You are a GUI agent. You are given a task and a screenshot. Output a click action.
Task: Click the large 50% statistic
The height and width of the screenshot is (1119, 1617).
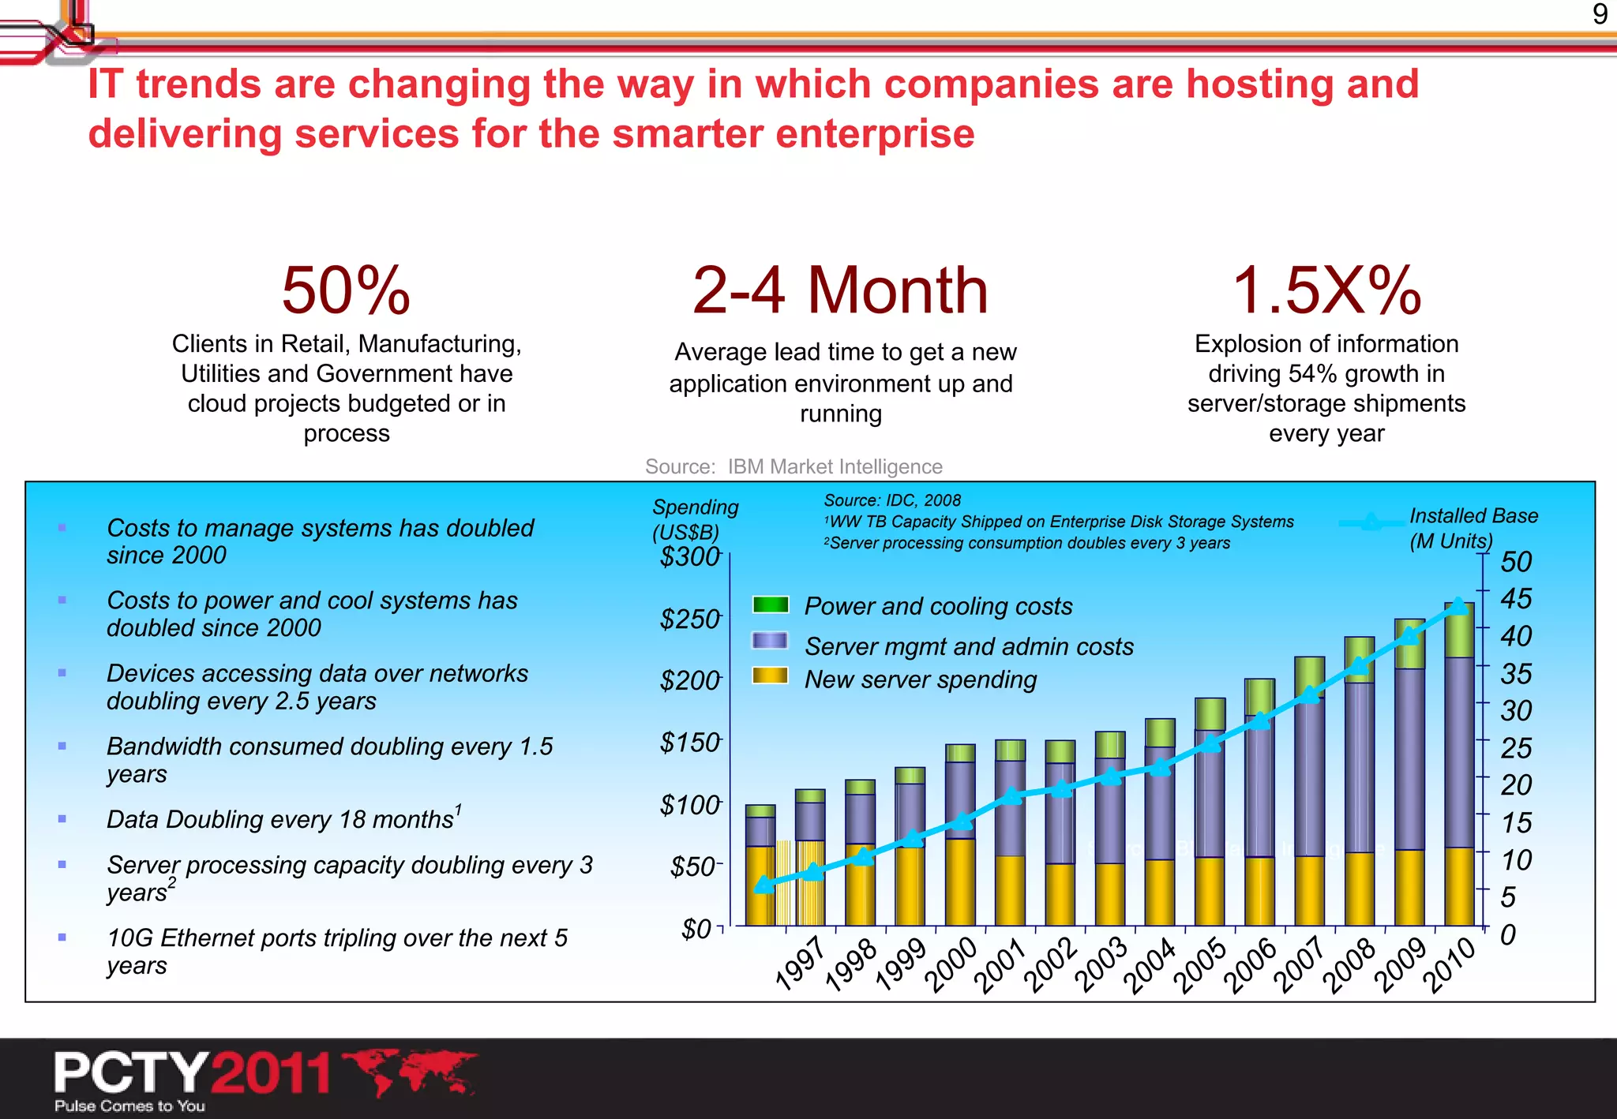tap(346, 290)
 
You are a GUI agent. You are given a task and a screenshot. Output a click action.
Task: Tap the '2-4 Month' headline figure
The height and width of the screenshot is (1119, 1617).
tap(840, 290)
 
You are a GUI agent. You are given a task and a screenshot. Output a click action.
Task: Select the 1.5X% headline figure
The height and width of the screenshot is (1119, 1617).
tap(1326, 290)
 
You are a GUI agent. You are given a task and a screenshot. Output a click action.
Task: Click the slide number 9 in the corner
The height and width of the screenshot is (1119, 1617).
tap(1600, 14)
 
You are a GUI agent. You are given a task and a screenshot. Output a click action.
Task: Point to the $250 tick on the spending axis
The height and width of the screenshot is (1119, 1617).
tap(690, 619)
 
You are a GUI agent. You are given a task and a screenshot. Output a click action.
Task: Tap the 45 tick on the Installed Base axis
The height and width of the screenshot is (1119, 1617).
tap(1516, 599)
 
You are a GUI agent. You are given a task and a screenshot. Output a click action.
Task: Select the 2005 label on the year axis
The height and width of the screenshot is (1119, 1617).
tap(1199, 964)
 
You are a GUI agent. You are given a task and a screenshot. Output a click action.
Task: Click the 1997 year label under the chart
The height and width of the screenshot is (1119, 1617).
tap(799, 964)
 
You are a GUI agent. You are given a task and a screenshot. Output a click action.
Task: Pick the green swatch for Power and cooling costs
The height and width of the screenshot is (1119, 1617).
tap(771, 605)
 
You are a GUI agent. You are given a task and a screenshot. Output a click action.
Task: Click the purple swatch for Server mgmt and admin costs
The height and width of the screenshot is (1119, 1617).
tap(771, 641)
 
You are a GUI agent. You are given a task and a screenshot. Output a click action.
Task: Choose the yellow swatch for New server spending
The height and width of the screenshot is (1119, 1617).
tap(771, 676)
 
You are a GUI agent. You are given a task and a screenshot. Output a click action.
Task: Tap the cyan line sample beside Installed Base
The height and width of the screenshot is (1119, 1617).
tap(1371, 522)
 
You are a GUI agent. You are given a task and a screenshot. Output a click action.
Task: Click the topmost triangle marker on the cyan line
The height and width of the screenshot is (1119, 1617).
tap(1459, 606)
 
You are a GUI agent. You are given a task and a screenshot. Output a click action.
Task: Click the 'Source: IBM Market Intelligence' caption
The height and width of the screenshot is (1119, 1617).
tap(793, 466)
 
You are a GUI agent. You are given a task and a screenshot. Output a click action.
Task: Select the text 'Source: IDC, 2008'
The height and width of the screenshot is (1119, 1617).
tap(892, 500)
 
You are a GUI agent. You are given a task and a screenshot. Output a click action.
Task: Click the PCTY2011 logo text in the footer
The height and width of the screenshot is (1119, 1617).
tap(192, 1073)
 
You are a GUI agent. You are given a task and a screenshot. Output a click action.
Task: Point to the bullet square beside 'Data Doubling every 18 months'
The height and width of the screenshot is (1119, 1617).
tap(62, 819)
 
